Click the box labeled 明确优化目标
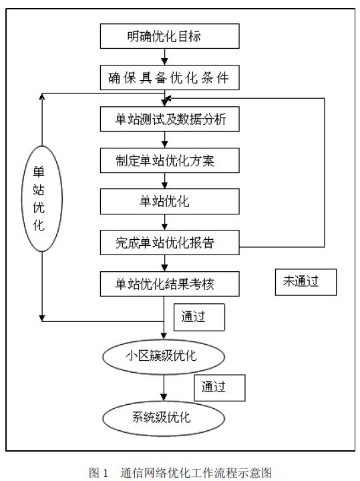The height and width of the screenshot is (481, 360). click(x=170, y=36)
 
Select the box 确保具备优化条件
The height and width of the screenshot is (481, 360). click(x=170, y=77)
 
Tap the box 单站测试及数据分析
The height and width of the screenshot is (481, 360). click(x=170, y=119)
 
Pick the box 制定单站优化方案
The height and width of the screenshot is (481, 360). click(x=170, y=160)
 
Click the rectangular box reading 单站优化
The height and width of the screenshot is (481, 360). click(x=170, y=201)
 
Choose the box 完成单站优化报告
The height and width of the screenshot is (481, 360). click(x=170, y=243)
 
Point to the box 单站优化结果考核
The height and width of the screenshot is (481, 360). click(x=170, y=284)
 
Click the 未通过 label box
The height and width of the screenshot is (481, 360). click(x=306, y=282)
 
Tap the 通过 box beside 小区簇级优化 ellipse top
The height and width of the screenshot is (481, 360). click(x=199, y=317)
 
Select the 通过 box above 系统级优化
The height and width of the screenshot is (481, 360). click(x=220, y=387)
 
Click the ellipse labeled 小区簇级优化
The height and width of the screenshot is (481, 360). click(x=164, y=357)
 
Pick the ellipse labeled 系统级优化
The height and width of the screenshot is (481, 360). click(x=164, y=418)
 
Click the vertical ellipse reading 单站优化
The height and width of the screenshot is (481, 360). click(x=42, y=198)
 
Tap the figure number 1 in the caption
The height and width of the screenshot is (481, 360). click(x=106, y=473)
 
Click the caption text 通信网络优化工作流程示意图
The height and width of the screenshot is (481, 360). click(x=196, y=473)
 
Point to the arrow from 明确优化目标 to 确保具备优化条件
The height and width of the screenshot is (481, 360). click(x=165, y=57)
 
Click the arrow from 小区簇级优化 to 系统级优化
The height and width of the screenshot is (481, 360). click(x=164, y=387)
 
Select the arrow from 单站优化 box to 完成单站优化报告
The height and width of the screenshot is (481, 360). click(x=165, y=222)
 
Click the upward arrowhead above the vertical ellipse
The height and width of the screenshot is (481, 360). click(x=42, y=96)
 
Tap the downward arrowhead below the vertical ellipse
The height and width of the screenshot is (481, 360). click(x=42, y=318)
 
